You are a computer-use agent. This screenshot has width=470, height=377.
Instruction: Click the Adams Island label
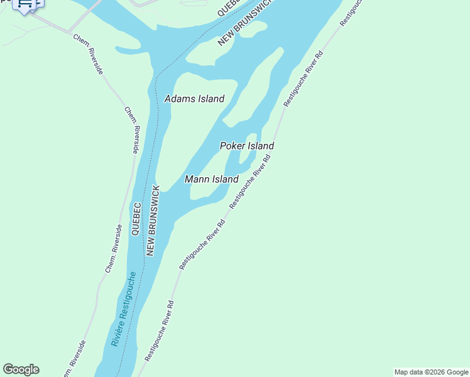pos(194,99)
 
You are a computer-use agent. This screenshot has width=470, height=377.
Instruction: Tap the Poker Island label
pos(246,146)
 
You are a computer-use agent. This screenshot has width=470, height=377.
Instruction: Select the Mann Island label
pos(212,179)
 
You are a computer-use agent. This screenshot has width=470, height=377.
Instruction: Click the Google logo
pos(21,369)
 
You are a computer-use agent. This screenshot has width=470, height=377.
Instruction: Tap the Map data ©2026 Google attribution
pos(432,372)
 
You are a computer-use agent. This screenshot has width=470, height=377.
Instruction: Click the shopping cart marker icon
pos(26,4)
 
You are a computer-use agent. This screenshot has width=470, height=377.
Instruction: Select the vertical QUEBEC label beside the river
pos(135,219)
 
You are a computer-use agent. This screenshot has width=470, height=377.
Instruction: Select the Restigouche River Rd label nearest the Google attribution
pos(159,331)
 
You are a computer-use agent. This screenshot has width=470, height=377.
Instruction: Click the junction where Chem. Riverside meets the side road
pos(68,31)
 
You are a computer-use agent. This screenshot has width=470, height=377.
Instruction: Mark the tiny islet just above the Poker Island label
pos(251,138)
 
